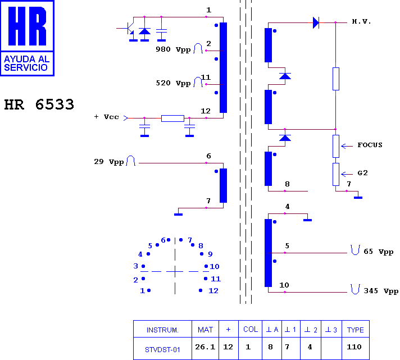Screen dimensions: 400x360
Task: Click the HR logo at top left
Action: point(27,38)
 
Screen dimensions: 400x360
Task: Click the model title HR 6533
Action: point(39,104)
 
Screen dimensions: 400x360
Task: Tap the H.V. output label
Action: point(361,21)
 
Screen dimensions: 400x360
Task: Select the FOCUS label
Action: point(370,145)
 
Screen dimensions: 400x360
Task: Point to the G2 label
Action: point(362,173)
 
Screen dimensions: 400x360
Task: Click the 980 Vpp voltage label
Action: point(173,49)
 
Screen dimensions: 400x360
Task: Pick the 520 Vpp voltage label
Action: point(173,83)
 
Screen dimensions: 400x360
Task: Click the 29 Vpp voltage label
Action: point(108,162)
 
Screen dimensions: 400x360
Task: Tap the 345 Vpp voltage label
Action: point(381,291)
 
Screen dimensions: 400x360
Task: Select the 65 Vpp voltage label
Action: point(378,252)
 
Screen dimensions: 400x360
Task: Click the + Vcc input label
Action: point(106,117)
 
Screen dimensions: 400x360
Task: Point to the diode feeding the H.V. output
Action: point(316,22)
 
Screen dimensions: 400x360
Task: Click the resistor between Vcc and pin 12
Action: point(172,119)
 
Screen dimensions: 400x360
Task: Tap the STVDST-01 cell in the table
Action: point(162,349)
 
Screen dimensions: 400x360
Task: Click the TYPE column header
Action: point(356,330)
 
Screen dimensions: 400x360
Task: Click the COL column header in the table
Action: point(251,330)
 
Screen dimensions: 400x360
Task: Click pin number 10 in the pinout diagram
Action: point(215,266)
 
